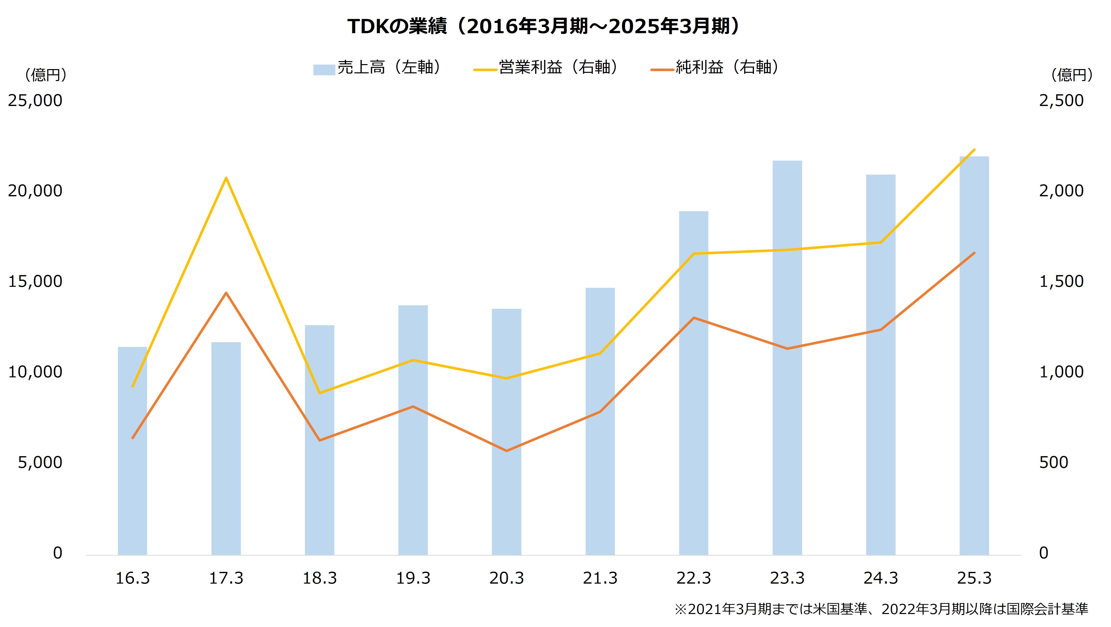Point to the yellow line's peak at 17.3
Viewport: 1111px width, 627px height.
[226, 178]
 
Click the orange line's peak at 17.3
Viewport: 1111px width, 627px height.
[226, 293]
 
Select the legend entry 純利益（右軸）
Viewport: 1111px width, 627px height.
[716, 68]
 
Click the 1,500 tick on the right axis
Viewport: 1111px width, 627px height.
[1061, 281]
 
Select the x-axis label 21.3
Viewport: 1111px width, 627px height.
[600, 578]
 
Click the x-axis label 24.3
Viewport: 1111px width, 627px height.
[881, 578]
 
